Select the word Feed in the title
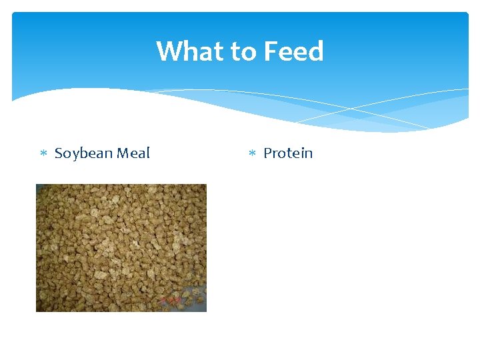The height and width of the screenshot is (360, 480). point(293,51)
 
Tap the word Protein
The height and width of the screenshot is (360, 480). point(288,153)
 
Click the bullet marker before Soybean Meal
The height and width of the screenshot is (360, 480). point(43,154)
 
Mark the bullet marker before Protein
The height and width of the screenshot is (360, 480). point(252,154)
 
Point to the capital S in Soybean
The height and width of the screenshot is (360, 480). point(58,153)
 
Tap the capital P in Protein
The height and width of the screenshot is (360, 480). point(267,153)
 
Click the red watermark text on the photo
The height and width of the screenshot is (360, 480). point(171,301)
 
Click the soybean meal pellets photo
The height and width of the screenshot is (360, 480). point(121,240)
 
